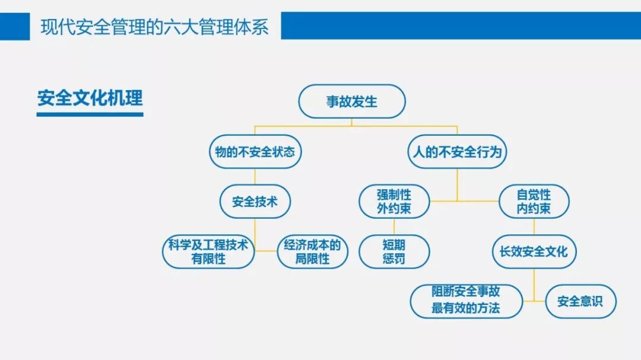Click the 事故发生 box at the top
(x=351, y=101)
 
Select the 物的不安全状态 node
(x=255, y=152)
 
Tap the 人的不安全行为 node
(x=457, y=152)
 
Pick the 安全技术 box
(x=255, y=202)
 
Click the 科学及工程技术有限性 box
(x=208, y=251)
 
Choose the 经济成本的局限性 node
(x=312, y=251)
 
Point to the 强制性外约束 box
(x=394, y=202)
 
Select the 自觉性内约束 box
(x=534, y=202)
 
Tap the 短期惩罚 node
(x=394, y=251)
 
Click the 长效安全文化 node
(x=534, y=251)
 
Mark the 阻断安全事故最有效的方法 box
(x=466, y=301)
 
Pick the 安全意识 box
(x=580, y=301)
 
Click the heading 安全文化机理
(x=90, y=98)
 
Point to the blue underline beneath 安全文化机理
(x=90, y=113)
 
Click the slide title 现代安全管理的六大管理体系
(x=155, y=27)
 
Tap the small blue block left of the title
(x=15, y=26)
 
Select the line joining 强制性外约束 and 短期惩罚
(x=394, y=226)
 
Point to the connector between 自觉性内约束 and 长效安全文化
(x=534, y=226)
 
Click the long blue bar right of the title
(x=461, y=26)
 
